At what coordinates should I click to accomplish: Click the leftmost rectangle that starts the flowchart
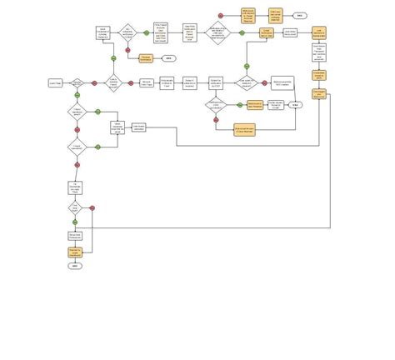(x=56, y=82)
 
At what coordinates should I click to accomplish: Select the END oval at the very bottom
(x=75, y=266)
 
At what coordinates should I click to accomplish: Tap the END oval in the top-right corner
(x=299, y=16)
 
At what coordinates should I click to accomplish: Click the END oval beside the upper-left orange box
(x=167, y=58)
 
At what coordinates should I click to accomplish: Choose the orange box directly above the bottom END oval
(x=75, y=251)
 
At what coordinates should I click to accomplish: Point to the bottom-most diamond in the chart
(x=76, y=207)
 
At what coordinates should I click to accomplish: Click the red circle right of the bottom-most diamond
(x=92, y=207)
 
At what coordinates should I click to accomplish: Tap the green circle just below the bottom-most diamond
(x=76, y=222)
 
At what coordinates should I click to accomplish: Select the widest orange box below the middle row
(x=245, y=128)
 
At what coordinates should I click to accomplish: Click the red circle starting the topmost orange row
(x=221, y=15)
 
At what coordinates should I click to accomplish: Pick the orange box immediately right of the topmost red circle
(x=248, y=15)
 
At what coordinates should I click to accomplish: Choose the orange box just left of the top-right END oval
(x=275, y=15)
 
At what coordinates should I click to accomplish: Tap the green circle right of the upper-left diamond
(x=146, y=32)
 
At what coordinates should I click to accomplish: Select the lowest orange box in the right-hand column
(x=319, y=94)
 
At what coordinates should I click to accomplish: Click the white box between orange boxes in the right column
(x=319, y=53)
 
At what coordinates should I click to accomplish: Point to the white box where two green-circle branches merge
(x=117, y=127)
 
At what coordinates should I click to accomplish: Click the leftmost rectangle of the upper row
(x=103, y=32)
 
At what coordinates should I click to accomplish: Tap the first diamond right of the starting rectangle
(x=77, y=82)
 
